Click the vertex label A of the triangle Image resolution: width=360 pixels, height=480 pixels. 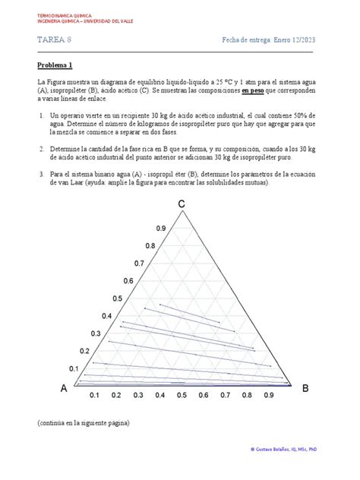[x=65, y=389]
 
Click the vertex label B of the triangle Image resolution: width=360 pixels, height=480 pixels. [x=305, y=388]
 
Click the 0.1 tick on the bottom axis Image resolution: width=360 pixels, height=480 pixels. [x=94, y=396]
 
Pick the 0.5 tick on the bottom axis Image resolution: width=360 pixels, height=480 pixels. [x=182, y=396]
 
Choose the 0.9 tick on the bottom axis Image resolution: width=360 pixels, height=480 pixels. [x=269, y=396]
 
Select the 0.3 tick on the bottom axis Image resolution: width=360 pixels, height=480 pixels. [x=138, y=396]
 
